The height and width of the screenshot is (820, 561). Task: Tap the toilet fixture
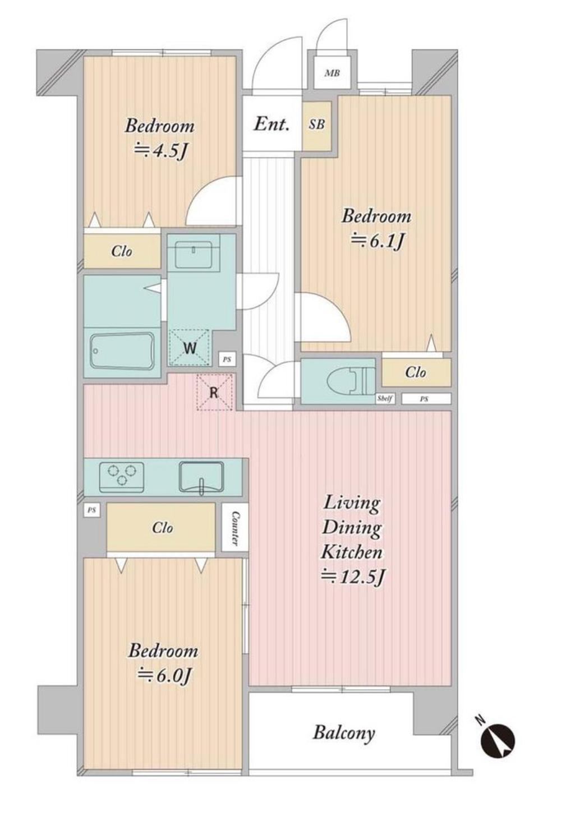click(352, 380)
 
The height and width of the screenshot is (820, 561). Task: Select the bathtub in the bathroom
click(122, 352)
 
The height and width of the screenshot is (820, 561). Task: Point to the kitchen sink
click(201, 477)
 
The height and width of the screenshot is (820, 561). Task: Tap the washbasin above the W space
click(193, 254)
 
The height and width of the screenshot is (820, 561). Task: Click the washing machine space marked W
click(190, 348)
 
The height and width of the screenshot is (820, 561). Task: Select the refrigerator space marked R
click(214, 393)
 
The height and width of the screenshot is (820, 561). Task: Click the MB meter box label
click(332, 73)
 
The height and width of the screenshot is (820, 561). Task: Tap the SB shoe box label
click(316, 125)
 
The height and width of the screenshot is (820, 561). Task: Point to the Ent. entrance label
click(272, 124)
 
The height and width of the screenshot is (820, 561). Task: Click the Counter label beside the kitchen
click(235, 528)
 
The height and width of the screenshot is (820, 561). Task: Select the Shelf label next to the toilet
click(385, 399)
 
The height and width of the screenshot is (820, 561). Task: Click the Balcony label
click(344, 733)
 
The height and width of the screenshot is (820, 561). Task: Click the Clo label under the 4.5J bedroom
click(122, 251)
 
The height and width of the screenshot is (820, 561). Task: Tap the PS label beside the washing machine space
click(227, 360)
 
